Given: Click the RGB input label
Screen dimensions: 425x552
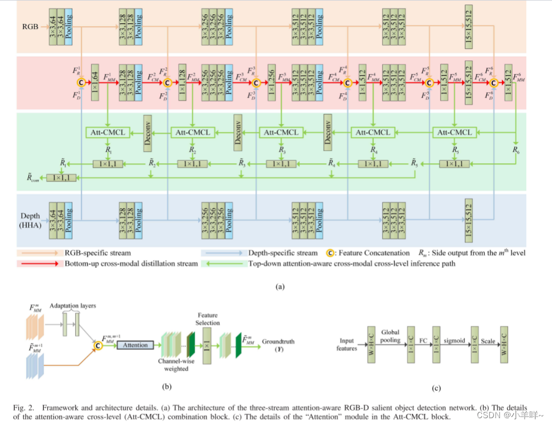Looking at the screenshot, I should [x=30, y=26].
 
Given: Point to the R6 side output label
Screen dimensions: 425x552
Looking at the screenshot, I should [x=516, y=150].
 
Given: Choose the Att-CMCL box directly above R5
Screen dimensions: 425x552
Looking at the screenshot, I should [x=455, y=133].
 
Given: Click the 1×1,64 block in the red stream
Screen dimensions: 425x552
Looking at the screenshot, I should [x=95, y=82].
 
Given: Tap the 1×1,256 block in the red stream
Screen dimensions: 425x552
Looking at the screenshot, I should [x=273, y=82].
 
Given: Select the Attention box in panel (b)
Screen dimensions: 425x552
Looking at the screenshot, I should [x=135, y=345].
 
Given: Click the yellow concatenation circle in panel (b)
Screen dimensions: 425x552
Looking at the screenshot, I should [x=98, y=345].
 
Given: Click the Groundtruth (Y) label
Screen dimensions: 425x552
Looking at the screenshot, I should [x=279, y=346].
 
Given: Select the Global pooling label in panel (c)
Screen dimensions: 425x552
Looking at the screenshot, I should [x=391, y=336].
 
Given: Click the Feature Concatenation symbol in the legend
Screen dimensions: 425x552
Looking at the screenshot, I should [x=329, y=253].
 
